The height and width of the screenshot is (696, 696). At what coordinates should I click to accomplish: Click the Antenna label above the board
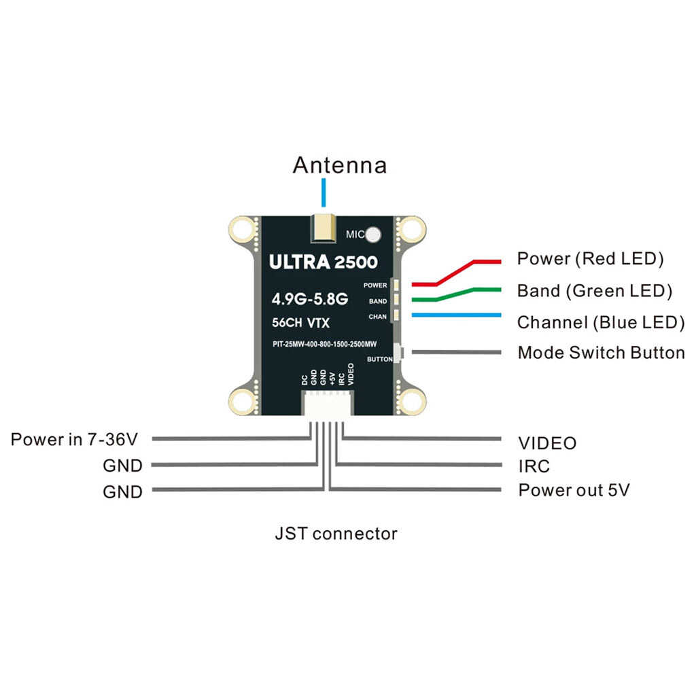click(340, 165)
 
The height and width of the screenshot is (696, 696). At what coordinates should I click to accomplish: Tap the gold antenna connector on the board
click(324, 228)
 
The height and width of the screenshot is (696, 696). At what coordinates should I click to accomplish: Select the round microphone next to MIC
click(373, 234)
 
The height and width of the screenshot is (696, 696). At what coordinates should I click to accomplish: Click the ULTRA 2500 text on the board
click(323, 262)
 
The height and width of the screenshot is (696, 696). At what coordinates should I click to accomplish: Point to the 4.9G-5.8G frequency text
click(310, 299)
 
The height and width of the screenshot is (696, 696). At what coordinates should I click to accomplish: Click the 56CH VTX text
click(300, 323)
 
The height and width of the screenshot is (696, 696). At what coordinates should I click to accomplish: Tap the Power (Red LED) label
click(591, 259)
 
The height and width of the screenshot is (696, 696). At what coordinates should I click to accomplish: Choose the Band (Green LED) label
click(595, 291)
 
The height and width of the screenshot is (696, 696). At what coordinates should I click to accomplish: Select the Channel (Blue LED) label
click(601, 323)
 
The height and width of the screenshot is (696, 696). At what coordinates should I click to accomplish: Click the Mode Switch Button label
click(602, 353)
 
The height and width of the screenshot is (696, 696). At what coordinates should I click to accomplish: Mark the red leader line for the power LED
click(456, 272)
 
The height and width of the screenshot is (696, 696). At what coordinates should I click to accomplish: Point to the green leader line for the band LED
click(456, 294)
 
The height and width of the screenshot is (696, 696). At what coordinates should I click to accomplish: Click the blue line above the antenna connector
click(324, 192)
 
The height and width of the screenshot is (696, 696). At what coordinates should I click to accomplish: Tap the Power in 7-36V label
click(74, 440)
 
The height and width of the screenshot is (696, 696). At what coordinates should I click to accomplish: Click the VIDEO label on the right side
click(547, 443)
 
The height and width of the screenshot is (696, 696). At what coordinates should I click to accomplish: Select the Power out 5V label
click(574, 490)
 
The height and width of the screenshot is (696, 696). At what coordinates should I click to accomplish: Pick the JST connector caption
click(336, 534)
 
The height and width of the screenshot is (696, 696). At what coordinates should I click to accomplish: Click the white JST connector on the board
click(327, 404)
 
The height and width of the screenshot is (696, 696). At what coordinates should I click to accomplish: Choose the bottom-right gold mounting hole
click(411, 402)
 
